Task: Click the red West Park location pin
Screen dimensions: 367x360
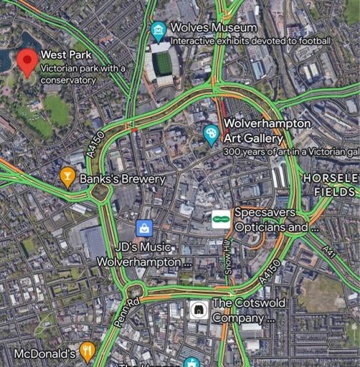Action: [27, 62]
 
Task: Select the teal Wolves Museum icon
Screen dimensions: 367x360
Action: [158, 29]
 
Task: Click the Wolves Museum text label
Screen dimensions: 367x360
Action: [213, 28]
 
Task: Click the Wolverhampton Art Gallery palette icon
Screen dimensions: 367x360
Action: [211, 133]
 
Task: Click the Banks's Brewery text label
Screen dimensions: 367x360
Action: [123, 178]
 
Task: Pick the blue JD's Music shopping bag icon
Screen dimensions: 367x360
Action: [145, 228]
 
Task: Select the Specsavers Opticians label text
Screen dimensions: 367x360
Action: [270, 221]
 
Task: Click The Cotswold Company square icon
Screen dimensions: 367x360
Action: [197, 309]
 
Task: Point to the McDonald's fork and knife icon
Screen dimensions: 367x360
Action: [87, 351]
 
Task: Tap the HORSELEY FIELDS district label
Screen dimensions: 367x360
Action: [329, 184]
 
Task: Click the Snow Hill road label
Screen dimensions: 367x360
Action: [227, 253]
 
